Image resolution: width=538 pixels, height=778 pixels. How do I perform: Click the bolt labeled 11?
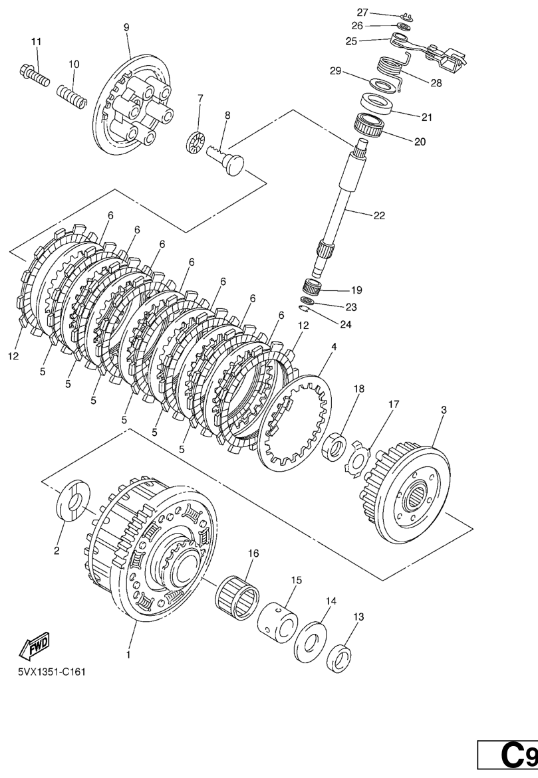35,75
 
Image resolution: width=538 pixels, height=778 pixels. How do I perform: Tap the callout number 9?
126,27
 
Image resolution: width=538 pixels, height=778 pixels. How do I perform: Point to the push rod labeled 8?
226,159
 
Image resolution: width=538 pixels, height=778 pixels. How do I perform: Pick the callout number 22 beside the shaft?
379,215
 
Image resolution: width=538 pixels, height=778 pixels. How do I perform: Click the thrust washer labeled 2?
72,500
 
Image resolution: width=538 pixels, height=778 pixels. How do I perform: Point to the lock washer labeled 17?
358,456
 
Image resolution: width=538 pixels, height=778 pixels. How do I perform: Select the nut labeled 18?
334,446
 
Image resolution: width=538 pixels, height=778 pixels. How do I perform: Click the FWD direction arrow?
35,645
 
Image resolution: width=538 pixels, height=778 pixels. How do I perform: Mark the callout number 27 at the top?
362,13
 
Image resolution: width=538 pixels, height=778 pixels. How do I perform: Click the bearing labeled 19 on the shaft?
313,287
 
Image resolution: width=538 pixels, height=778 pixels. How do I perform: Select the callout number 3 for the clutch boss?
444,410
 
